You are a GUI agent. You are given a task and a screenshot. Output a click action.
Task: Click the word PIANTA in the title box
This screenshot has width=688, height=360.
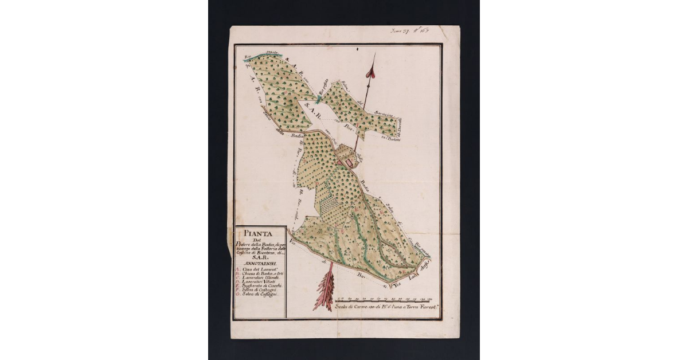(x=260, y=233)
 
